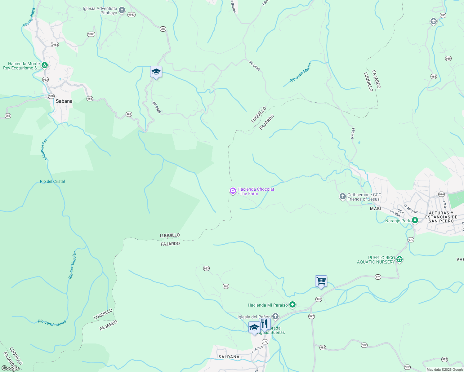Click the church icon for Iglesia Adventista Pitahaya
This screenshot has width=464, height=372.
(122, 11)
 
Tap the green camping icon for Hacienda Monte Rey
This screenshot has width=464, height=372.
(45, 65)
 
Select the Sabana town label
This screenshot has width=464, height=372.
(64, 101)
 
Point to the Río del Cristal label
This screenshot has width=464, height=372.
(52, 181)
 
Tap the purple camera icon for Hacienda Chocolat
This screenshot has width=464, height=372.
(233, 191)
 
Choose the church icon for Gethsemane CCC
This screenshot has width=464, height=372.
(342, 197)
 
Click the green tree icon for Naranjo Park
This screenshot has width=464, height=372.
(415, 220)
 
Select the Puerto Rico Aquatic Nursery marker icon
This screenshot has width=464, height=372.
(399, 259)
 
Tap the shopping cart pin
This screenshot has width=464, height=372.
(321, 281)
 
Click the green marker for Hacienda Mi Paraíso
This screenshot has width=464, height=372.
(292, 305)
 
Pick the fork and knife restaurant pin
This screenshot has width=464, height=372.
(264, 324)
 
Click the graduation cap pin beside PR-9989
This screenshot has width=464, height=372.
(156, 72)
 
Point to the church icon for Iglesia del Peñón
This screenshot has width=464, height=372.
(275, 317)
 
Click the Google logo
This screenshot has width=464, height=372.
(11, 368)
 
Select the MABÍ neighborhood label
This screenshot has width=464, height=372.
(375, 209)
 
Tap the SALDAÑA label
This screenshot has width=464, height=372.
(229, 357)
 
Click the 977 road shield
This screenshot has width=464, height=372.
(311, 316)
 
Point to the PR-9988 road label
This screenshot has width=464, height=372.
(254, 66)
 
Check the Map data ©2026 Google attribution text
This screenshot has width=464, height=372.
(445, 370)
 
